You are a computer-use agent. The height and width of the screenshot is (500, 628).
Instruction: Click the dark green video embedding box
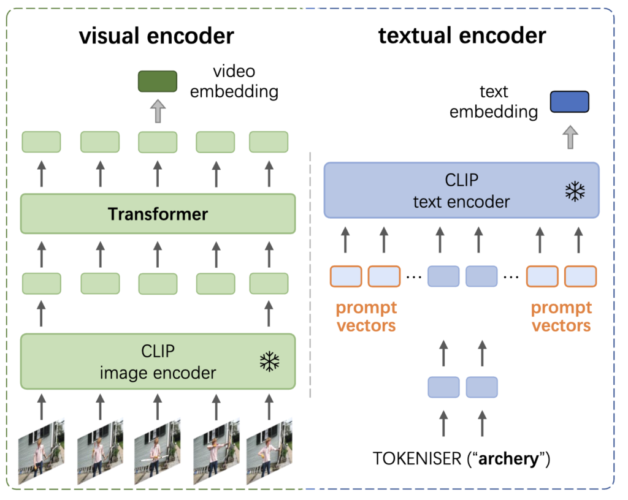158,81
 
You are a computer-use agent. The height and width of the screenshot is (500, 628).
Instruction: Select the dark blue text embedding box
569,102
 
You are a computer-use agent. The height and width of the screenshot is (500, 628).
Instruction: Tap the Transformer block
158,214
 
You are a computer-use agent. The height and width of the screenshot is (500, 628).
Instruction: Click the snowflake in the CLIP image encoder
269,362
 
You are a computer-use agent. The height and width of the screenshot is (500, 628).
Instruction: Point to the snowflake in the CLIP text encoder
574,191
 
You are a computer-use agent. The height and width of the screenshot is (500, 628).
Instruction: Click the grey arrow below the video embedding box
158,112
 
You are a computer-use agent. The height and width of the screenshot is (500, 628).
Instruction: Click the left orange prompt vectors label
367,316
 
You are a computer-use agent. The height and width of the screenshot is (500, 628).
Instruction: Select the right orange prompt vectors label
561,316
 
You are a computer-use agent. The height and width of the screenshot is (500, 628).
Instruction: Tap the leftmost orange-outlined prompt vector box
347,276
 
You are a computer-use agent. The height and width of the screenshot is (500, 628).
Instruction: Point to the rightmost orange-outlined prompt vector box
581,276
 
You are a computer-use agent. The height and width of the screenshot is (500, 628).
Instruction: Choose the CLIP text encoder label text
461,191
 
